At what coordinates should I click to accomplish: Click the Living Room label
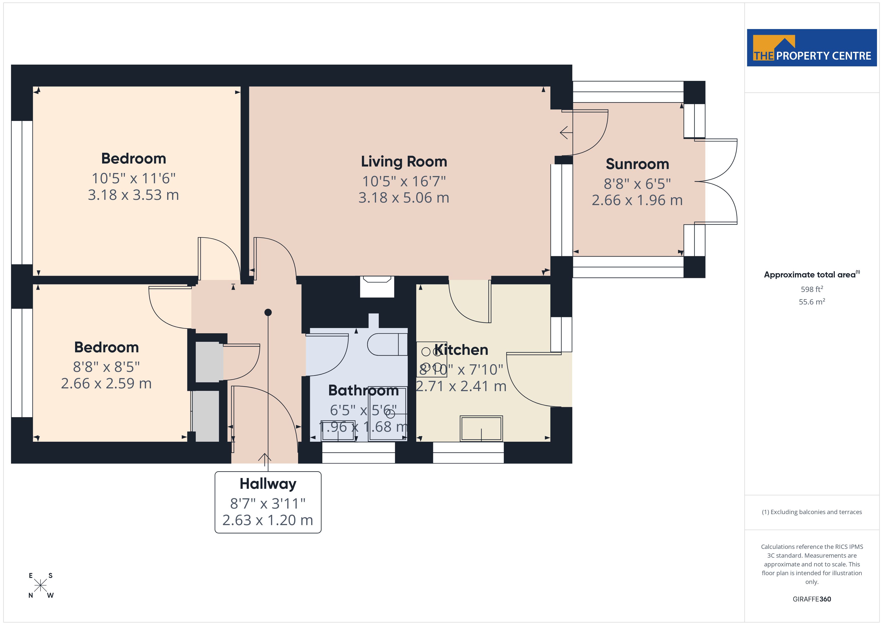click(x=404, y=162)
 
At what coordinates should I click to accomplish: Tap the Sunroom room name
click(x=637, y=164)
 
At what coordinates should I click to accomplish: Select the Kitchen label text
click(x=461, y=350)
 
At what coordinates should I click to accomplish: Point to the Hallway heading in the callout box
click(x=268, y=484)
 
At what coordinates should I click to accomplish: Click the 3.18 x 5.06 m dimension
click(x=404, y=198)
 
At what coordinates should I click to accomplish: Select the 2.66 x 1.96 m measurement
click(x=637, y=200)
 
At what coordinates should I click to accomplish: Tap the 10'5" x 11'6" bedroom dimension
click(x=133, y=179)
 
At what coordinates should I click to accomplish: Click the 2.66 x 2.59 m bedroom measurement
click(x=107, y=383)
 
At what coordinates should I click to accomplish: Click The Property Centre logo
click(x=812, y=48)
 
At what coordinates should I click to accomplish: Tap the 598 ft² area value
click(x=812, y=289)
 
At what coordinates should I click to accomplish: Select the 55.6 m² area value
click(x=812, y=302)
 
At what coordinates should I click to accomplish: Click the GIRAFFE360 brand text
click(x=812, y=599)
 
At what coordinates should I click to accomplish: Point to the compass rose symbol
click(x=40, y=586)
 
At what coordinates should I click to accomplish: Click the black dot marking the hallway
click(x=268, y=312)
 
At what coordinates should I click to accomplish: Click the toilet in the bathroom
click(x=387, y=344)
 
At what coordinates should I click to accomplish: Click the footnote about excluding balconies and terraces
click(x=812, y=512)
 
